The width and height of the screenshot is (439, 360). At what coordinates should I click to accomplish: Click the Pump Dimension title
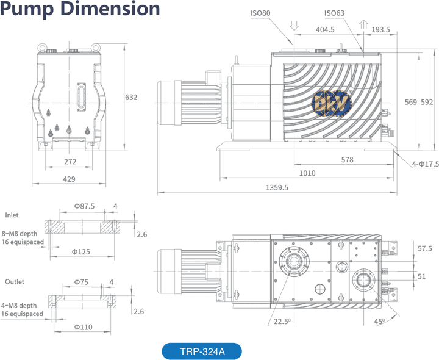(80, 10)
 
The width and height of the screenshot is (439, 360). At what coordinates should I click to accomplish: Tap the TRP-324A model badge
(202, 351)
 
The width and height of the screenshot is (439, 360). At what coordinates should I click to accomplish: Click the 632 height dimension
(131, 97)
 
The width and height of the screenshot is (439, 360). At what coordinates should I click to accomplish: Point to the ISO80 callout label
(260, 13)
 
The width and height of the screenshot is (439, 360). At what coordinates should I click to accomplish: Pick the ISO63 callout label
(334, 13)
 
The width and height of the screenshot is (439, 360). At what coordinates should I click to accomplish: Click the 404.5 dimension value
(324, 29)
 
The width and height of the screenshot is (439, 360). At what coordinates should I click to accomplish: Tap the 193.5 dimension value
(380, 29)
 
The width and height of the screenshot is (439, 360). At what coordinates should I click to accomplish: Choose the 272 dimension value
(70, 162)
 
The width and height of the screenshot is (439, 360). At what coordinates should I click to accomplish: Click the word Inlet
(12, 215)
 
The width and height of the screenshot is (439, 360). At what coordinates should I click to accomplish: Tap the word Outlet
(15, 282)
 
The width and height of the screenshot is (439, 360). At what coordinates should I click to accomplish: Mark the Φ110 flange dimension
(83, 327)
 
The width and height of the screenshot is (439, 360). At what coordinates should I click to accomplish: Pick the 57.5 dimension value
(425, 248)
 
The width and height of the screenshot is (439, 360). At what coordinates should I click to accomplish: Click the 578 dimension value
(348, 159)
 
